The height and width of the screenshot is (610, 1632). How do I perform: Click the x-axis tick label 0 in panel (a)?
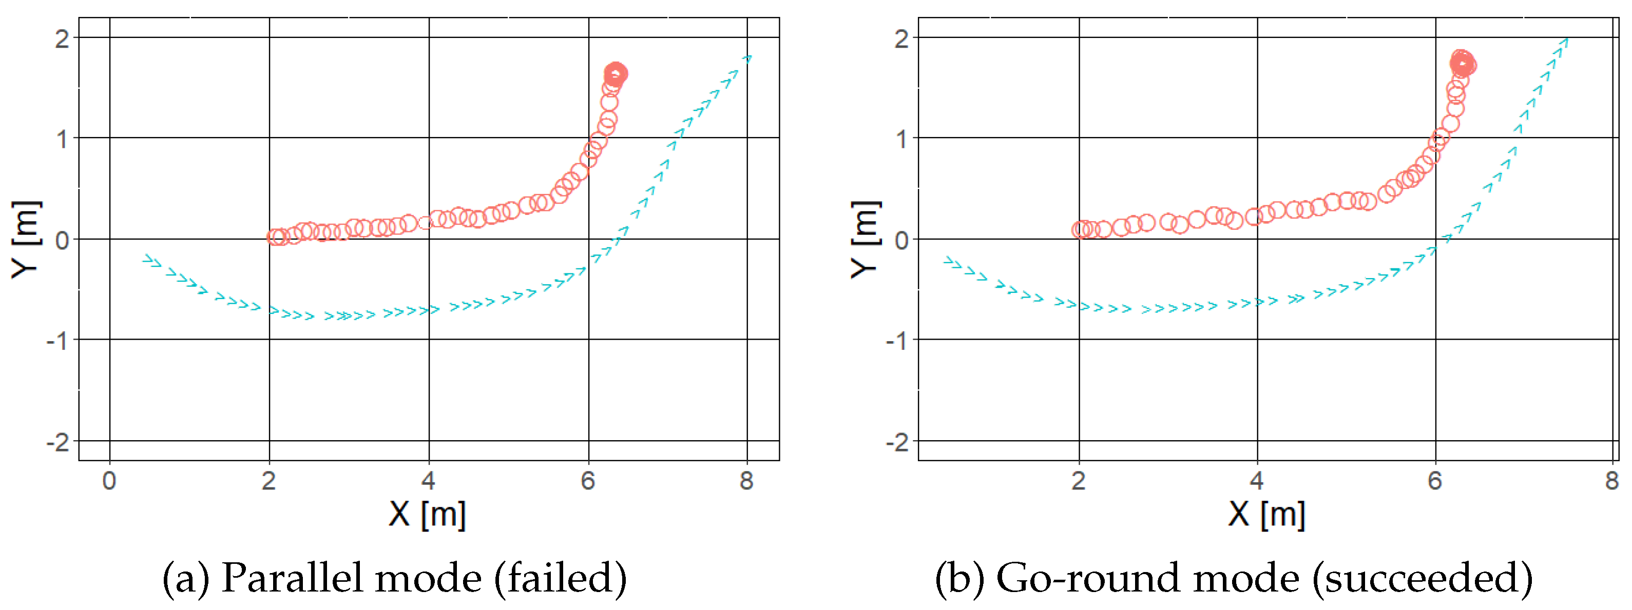click(109, 481)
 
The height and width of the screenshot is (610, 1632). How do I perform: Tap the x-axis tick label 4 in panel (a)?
click(428, 481)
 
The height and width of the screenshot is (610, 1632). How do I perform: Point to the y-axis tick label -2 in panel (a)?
click(59, 442)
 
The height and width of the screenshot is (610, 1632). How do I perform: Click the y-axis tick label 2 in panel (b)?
click(901, 40)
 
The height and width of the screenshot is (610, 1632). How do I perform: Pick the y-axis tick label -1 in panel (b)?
click(897, 341)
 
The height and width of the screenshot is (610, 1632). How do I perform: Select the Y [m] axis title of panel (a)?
click(26, 240)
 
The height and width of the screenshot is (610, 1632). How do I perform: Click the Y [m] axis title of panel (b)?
click(866, 240)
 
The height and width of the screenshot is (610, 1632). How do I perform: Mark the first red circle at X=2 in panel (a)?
click(275, 237)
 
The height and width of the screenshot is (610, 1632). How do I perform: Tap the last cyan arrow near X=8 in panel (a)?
click(747, 59)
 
